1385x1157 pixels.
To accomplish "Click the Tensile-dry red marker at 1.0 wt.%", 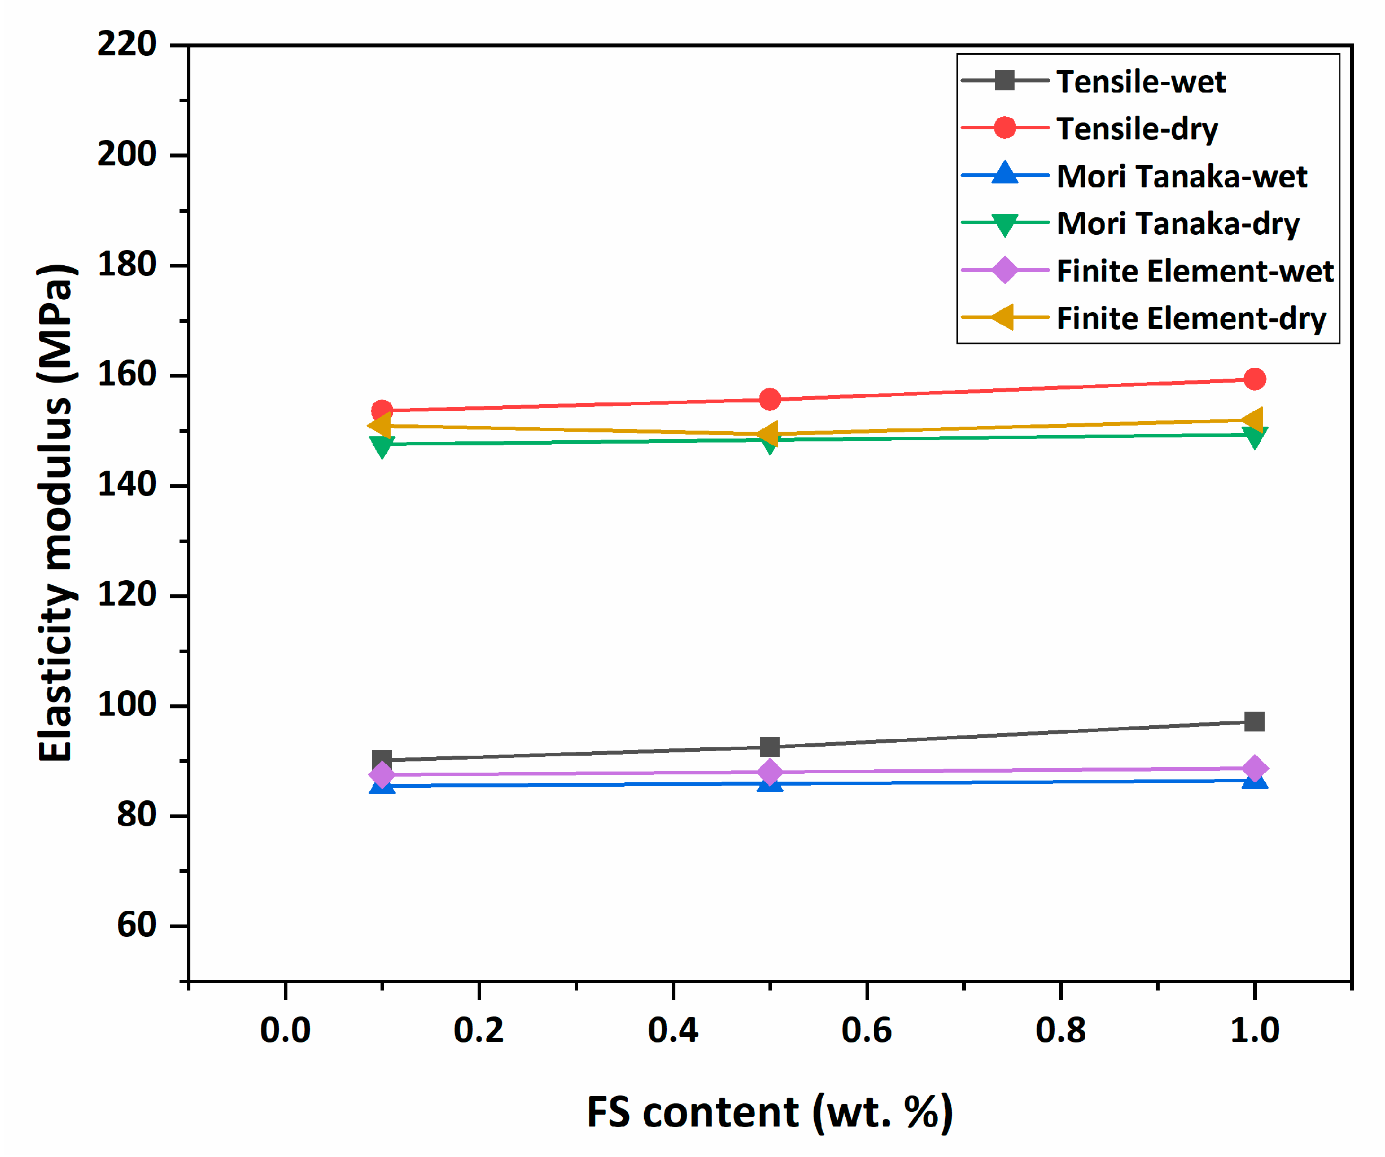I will tap(1254, 379).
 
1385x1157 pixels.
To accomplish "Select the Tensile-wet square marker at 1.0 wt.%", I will tap(1254, 721).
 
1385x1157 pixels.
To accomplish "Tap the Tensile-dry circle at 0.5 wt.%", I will tap(770, 400).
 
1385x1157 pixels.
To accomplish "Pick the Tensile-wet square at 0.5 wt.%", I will tap(770, 747).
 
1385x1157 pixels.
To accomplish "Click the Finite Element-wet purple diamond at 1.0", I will tap(1254, 769).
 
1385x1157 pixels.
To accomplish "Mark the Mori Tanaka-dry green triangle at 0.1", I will tap(382, 446).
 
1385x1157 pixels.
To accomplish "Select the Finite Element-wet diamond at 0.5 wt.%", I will tap(770, 772).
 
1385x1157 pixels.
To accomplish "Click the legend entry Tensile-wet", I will tap(1141, 82).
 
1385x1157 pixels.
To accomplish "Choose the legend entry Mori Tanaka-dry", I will tap(1178, 223).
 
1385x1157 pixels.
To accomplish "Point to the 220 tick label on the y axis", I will tap(126, 45).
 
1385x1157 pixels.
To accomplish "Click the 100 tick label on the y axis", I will tap(126, 705).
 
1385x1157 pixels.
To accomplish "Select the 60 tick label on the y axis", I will tap(137, 925).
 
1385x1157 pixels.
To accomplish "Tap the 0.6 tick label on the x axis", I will tap(866, 1031).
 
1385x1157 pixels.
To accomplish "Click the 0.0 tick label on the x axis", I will tap(285, 1031).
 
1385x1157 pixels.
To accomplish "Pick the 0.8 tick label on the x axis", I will tap(1060, 1031).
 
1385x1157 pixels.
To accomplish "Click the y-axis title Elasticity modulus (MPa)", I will tap(55, 513).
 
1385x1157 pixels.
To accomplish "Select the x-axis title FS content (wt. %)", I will tap(769, 1113).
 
